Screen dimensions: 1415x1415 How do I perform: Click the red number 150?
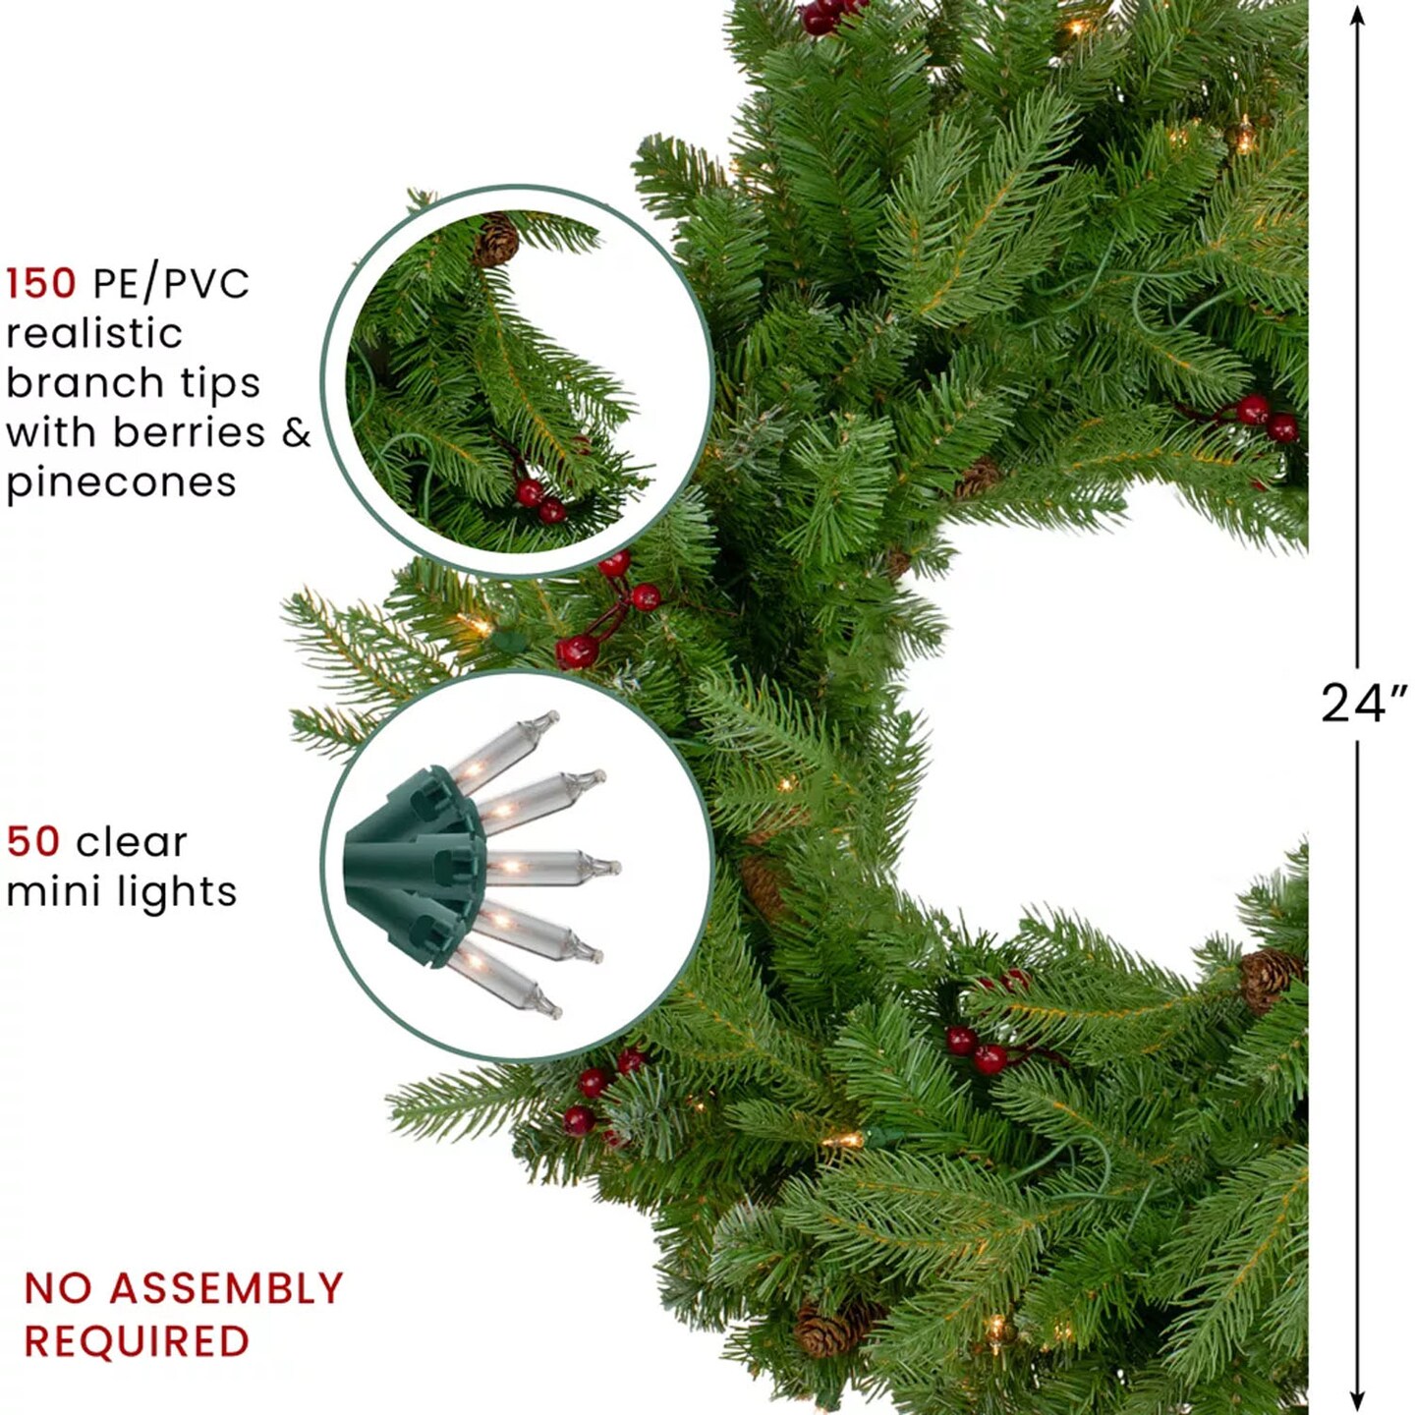(x=41, y=283)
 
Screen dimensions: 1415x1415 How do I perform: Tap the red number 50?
(x=33, y=841)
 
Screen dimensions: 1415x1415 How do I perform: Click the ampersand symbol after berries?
(x=296, y=432)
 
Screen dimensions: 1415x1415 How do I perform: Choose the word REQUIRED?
(x=138, y=1341)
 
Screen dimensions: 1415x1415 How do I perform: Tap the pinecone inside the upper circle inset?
(x=495, y=239)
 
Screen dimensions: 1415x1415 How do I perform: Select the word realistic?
(x=94, y=334)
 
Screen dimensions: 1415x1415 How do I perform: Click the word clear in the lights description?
(x=132, y=841)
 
